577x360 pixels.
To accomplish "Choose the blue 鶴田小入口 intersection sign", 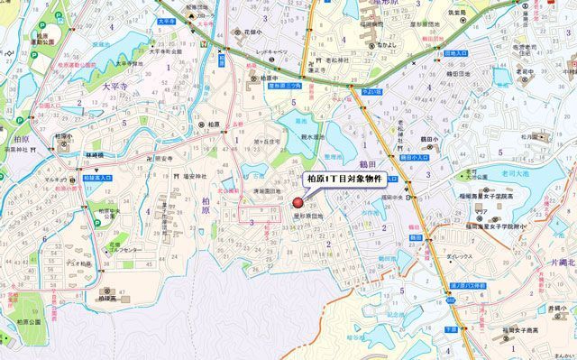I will pos(416,156).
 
